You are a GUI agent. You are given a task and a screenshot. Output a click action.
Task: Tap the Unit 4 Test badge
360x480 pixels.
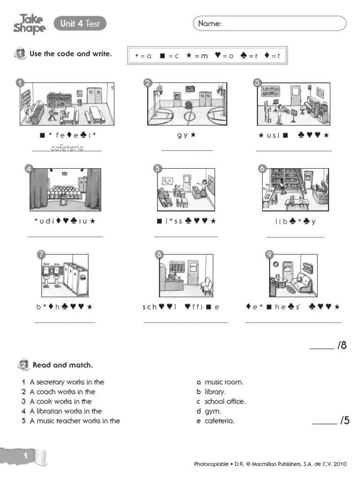click(80, 23)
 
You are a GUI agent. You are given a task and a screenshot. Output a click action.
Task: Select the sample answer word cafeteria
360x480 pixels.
click(67, 148)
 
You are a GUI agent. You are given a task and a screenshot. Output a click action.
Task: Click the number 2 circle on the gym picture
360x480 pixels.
click(148, 83)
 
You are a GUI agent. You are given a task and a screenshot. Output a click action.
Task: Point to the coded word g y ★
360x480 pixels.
click(187, 135)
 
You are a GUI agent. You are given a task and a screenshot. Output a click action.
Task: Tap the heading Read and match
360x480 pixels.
click(63, 365)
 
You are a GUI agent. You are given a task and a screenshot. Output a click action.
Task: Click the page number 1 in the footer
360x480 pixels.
click(26, 456)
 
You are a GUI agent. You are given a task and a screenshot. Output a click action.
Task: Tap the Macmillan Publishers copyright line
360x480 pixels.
click(270, 464)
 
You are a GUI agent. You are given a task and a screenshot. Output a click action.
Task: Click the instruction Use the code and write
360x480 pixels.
click(70, 54)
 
